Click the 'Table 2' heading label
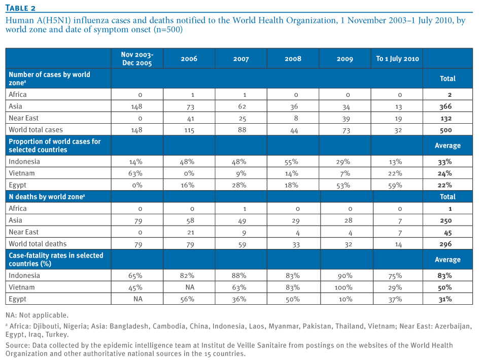click(20, 8)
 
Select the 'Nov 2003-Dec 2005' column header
click(137, 59)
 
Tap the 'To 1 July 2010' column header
click(397, 59)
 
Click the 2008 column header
click(293, 59)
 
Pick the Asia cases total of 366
click(445, 106)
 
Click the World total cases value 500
click(446, 130)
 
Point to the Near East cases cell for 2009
click(346, 119)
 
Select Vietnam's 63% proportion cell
click(135, 173)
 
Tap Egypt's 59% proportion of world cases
click(395, 186)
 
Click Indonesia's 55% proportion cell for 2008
click(291, 162)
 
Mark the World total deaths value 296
click(445, 244)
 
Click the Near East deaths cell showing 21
click(191, 232)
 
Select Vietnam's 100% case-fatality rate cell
click(343, 287)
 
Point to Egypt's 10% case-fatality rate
click(345, 299)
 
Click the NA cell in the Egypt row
click(138, 299)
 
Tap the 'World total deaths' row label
click(38, 244)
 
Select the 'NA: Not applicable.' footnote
click(37, 315)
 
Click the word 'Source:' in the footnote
click(18, 345)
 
